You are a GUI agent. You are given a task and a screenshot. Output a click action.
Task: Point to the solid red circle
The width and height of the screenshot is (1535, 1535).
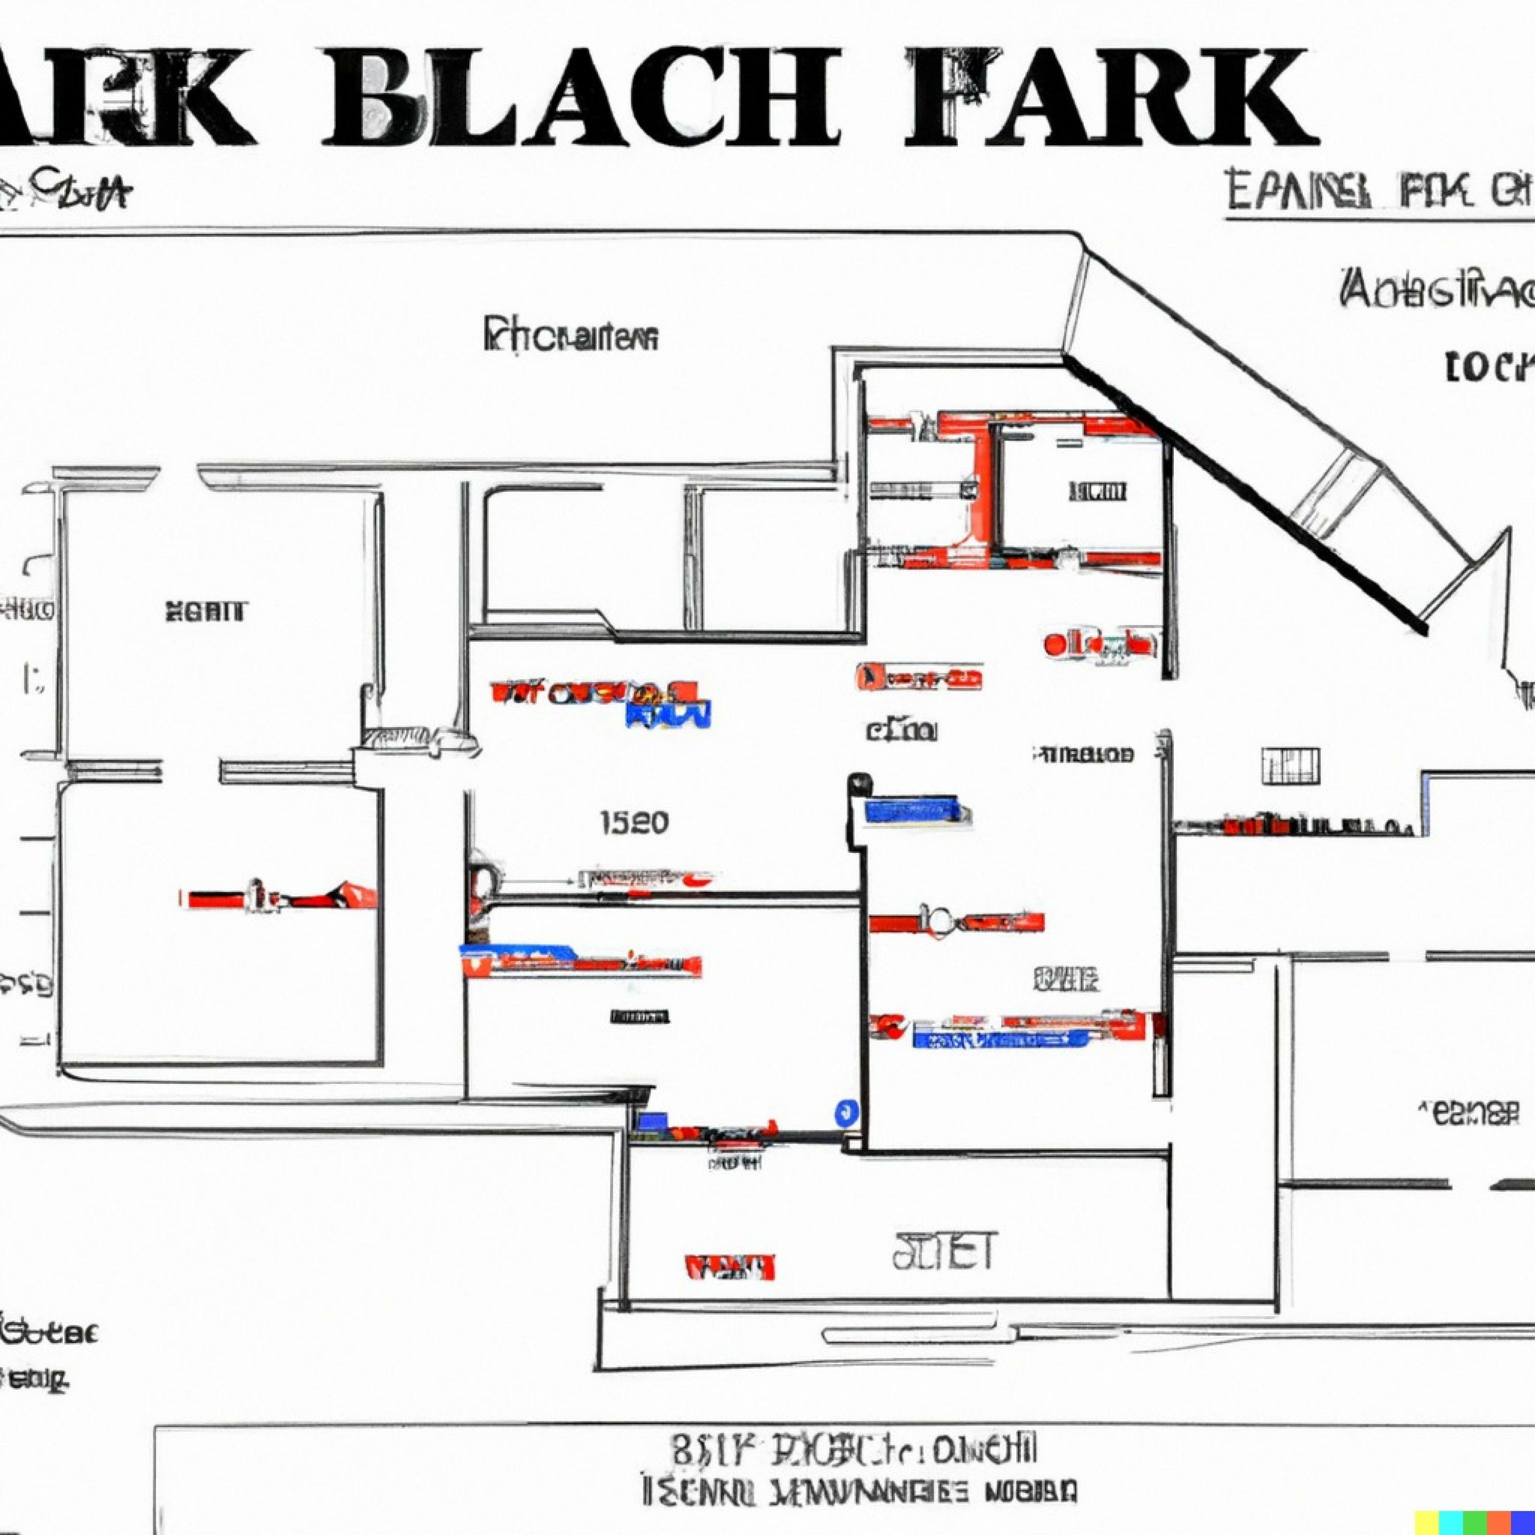(x=1056, y=644)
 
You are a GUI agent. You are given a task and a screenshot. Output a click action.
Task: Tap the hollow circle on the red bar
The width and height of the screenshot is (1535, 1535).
(x=939, y=920)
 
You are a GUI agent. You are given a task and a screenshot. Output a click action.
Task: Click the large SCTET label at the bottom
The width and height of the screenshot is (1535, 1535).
(x=943, y=1252)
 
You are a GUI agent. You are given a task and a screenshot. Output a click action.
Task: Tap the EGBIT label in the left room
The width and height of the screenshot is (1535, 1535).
(x=206, y=612)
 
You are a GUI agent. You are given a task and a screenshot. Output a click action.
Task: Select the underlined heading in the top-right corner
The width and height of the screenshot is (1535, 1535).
(x=1378, y=191)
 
